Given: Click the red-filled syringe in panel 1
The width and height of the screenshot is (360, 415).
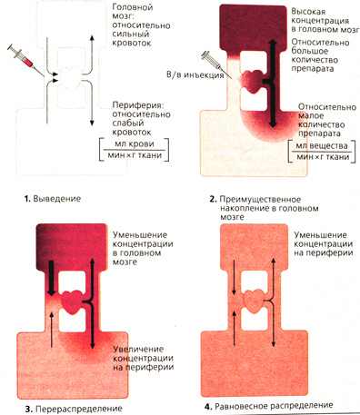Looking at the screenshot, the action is point(26,61).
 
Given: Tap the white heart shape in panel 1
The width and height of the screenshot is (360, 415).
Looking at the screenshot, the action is point(72,78).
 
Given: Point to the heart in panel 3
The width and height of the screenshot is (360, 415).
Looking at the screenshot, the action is point(73,302).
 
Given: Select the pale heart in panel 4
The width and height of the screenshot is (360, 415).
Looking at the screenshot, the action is point(255,301).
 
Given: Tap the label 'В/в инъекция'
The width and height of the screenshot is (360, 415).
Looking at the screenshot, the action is point(195,74).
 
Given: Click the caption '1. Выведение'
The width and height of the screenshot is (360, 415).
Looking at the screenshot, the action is point(53,199).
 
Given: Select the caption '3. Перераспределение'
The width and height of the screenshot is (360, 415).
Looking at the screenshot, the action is point(74,409).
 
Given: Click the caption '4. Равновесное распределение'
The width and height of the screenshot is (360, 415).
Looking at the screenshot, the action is point(268,406).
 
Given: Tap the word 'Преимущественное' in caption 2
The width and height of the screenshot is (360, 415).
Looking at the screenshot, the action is point(260,200).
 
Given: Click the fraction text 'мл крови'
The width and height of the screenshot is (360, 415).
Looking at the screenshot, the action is point(135,144).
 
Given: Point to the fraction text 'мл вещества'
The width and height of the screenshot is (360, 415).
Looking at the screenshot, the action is point(322,145).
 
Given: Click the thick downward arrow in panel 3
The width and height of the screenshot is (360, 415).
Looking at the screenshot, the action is point(52,278).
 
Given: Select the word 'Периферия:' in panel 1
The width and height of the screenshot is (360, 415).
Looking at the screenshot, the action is point(138,105).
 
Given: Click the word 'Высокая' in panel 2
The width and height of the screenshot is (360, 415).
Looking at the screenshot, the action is point(304,12).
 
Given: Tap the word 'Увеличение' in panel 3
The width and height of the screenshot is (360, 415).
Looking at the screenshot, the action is point(138,350).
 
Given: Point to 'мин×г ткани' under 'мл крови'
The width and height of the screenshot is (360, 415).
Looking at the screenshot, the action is point(135,155).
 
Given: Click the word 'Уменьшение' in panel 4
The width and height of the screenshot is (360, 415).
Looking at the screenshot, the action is point(320,235).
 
